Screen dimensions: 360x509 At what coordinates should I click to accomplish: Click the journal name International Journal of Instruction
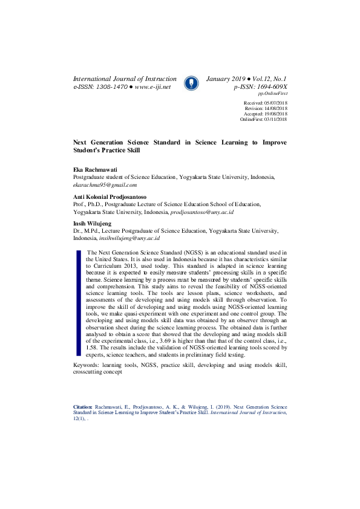(x=125, y=79)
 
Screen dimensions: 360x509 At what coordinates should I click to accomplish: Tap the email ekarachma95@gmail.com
(x=105, y=185)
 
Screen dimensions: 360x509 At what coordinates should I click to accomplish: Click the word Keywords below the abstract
(x=88, y=365)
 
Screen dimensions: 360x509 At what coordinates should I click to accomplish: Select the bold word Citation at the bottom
(x=83, y=408)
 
